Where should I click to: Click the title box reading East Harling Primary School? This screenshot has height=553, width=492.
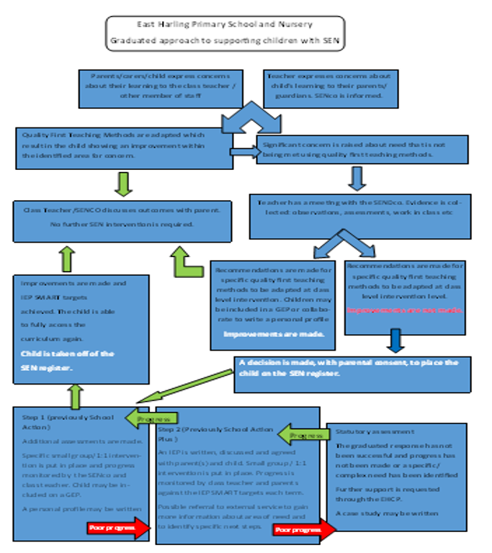pyautogui.click(x=225, y=33)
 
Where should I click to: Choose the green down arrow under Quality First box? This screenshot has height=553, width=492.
pyautogui.click(x=124, y=184)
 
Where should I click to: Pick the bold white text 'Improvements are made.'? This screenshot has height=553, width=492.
pyautogui.click(x=273, y=335)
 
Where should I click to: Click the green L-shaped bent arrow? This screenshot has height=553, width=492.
pyautogui.click(x=186, y=264)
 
